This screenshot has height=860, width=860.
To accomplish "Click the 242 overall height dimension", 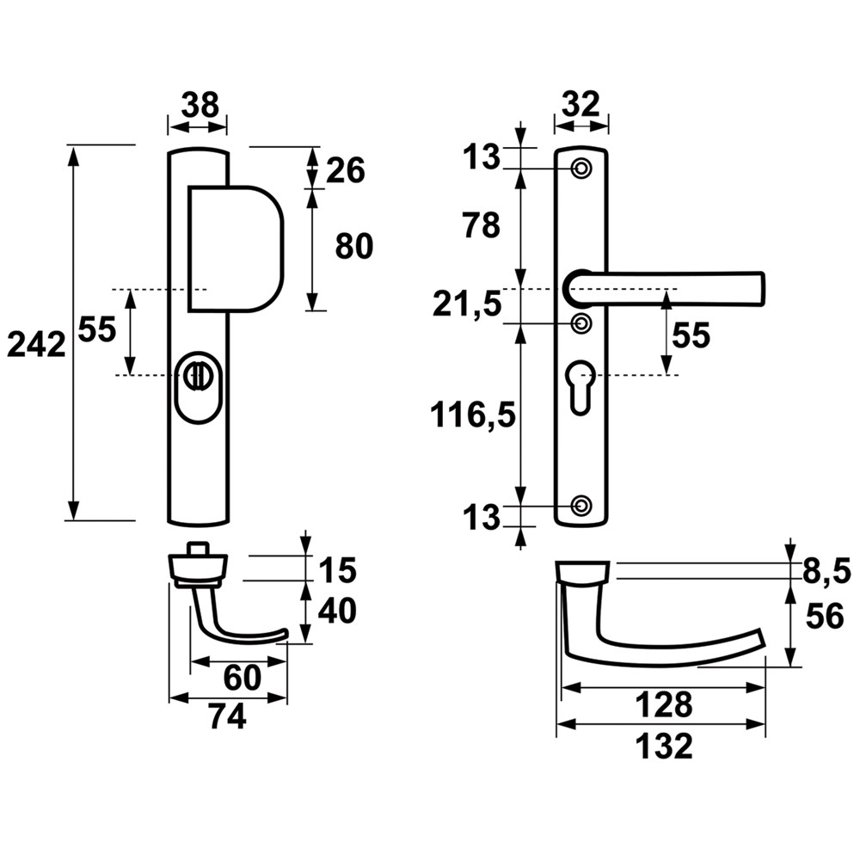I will click(x=36, y=345).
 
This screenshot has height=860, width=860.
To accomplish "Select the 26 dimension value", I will click(x=346, y=170).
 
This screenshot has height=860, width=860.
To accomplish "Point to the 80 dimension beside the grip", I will click(x=353, y=247).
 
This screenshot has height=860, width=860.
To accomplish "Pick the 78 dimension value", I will click(x=480, y=226).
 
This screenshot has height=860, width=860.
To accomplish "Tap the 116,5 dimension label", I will click(x=474, y=415).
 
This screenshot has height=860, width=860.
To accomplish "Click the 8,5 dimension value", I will click(x=825, y=568).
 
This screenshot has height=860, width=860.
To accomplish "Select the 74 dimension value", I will click(x=227, y=716).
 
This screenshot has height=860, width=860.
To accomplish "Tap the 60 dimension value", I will click(x=242, y=678).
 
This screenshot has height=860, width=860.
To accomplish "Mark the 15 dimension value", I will click(x=336, y=569).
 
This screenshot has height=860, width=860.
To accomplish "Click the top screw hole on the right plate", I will click(x=581, y=168).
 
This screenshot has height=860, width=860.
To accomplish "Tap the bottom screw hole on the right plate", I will click(x=581, y=505).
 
